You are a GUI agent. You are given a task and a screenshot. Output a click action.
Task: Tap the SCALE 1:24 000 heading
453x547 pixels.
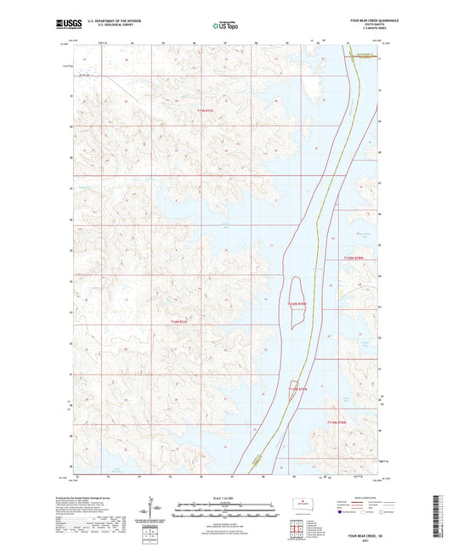[x=225, y=497]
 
